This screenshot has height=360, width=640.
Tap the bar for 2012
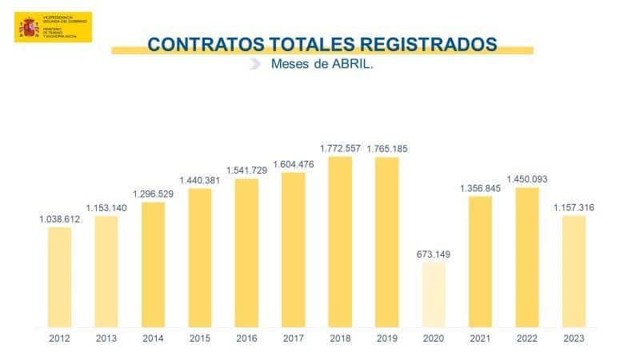coord(60,277)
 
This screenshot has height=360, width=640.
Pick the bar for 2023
coord(574,271)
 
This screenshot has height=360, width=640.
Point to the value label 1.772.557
coord(341,148)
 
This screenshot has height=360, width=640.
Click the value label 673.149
coord(434,254)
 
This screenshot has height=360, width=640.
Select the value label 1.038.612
coord(60,218)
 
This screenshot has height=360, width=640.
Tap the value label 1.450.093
coord(527,179)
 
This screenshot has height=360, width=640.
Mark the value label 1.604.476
coord(294,164)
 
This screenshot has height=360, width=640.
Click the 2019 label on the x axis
coord(387,338)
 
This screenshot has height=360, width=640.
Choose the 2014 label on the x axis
coord(153,338)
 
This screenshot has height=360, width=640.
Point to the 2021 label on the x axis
coord(480,338)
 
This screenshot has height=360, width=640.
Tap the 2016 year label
coord(246,338)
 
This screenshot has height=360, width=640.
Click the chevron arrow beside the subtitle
coord(255,65)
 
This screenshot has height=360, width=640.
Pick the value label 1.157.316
coord(574,208)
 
